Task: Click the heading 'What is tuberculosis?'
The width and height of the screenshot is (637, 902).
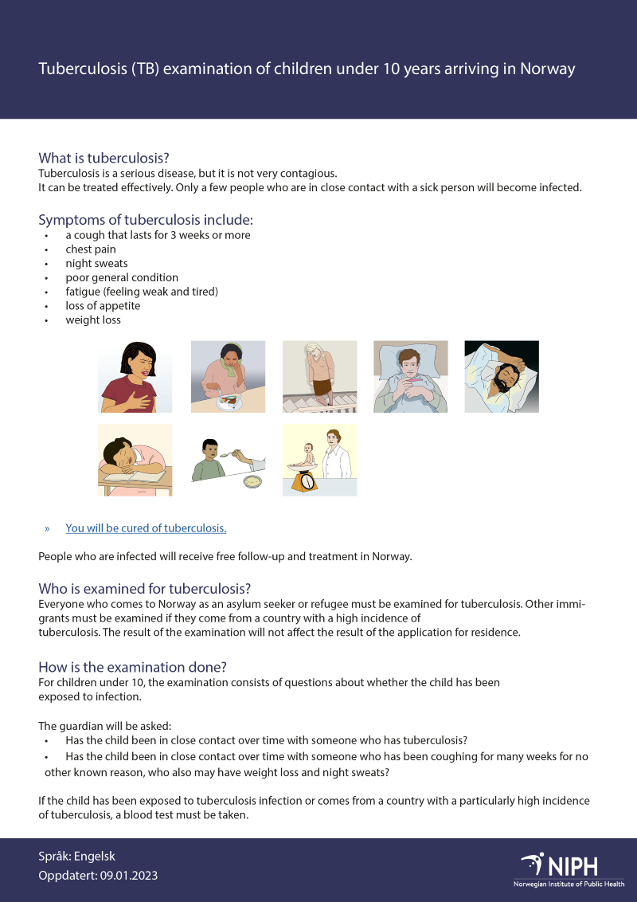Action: (104, 158)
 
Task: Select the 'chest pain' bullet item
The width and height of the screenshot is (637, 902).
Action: (91, 249)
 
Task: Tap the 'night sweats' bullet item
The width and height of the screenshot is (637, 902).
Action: (96, 264)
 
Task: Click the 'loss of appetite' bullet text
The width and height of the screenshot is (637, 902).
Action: (103, 306)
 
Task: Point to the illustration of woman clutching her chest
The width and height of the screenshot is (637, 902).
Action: (135, 377)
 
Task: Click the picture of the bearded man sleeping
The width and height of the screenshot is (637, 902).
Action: (502, 377)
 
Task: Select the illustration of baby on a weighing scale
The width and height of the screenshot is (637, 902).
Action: (319, 461)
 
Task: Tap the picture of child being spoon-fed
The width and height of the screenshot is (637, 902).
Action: (228, 461)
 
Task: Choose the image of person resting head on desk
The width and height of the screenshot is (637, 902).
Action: (135, 461)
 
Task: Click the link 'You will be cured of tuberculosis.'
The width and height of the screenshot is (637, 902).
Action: (146, 528)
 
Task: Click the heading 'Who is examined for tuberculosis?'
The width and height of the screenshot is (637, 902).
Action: (144, 589)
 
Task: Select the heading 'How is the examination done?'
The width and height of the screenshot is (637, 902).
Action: (138, 667)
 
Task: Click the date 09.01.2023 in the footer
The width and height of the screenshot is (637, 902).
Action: (128, 876)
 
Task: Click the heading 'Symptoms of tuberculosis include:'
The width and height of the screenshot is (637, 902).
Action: (146, 220)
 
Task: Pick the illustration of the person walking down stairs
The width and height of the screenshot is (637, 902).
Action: (319, 377)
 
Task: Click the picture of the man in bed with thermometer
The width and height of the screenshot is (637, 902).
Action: (410, 377)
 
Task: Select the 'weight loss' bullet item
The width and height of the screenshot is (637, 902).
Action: (93, 320)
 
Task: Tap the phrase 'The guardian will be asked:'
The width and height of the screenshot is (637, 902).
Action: (104, 726)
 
